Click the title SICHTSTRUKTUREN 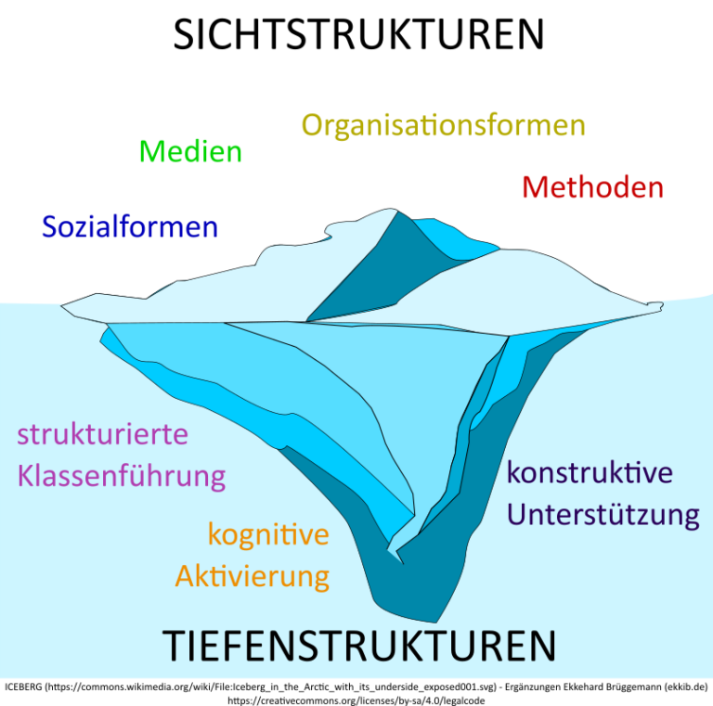tap(358, 34)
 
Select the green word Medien tap(190, 151)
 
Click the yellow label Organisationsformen tap(443, 125)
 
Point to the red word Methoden tap(592, 187)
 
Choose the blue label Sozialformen tap(130, 226)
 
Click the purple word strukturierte tap(102, 433)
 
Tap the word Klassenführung tap(122, 476)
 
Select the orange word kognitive tap(268, 534)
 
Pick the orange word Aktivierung tap(253, 576)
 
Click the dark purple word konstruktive tap(590, 472)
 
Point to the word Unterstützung tap(603, 513)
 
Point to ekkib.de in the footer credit tap(683, 687)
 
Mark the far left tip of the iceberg tap(61, 305)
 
